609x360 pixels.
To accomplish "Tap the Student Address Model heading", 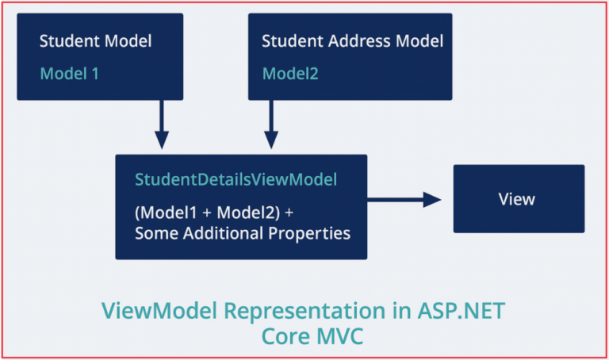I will coord(352,40).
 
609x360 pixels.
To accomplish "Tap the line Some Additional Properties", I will coord(242,233).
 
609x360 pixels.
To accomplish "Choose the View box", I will coord(518,199).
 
